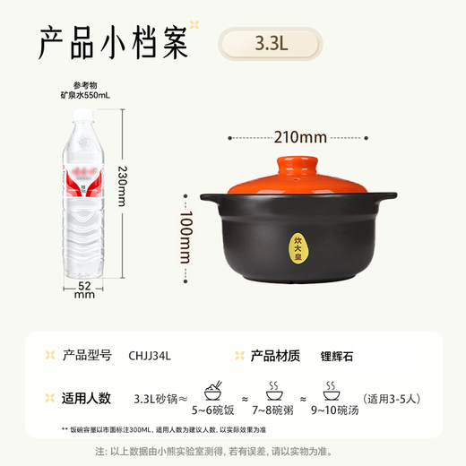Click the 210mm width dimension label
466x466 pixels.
click(299, 137)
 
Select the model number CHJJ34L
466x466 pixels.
click(151, 355)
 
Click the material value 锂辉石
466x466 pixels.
click(339, 355)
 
